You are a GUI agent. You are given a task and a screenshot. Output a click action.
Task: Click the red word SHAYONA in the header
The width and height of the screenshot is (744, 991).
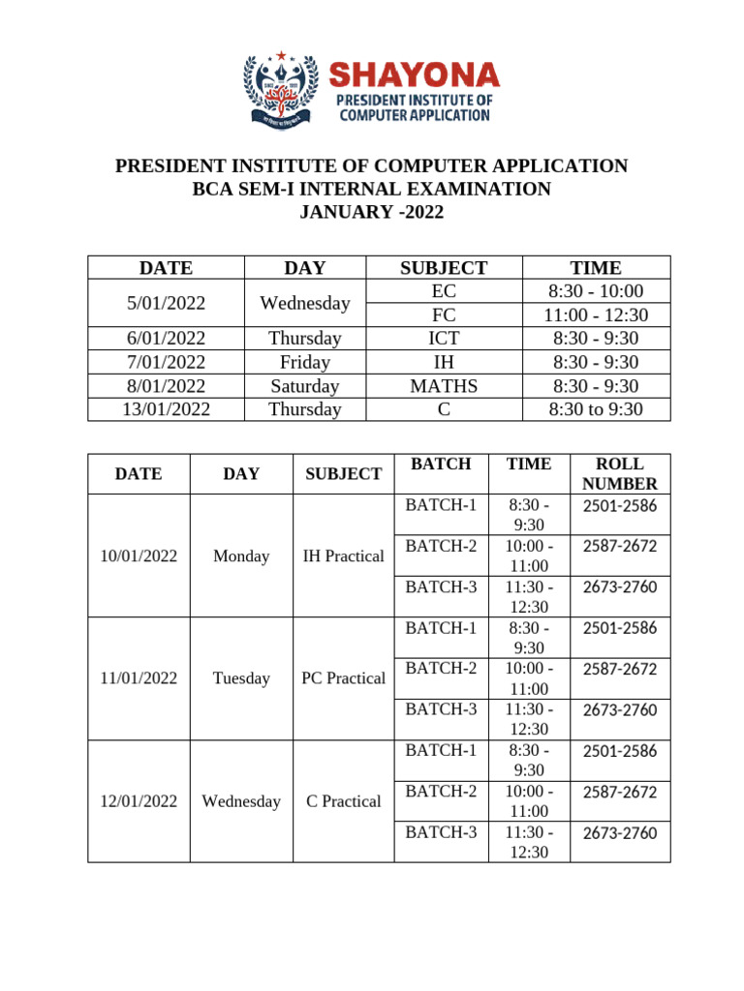coord(415,75)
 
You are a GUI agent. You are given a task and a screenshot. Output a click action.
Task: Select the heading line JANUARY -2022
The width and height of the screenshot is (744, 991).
coord(371,212)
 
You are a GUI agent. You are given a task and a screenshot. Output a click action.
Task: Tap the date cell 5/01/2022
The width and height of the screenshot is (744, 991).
coord(166,303)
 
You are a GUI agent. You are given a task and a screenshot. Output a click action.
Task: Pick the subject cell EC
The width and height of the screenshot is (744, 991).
coord(444,291)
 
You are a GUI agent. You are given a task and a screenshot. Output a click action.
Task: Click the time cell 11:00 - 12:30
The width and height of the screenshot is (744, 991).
coord(596,315)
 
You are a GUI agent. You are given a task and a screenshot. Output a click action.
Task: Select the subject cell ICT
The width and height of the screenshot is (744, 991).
coord(444,338)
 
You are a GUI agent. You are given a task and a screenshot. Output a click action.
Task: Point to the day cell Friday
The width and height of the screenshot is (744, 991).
coord(305,362)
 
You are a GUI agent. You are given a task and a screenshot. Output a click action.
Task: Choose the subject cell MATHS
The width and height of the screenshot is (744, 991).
coord(444,385)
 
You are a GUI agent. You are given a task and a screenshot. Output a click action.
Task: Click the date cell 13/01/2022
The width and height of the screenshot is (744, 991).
coord(166,408)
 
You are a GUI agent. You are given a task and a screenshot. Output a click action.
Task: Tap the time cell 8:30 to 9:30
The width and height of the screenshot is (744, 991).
coord(596,408)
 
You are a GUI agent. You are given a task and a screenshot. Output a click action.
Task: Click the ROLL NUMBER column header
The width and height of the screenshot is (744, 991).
coord(620,473)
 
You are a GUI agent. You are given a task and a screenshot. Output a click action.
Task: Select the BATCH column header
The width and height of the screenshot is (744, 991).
coord(441,464)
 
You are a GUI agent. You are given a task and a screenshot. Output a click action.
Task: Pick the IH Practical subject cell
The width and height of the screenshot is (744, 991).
coord(343,556)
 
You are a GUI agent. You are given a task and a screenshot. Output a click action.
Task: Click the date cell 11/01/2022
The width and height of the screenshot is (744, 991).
coord(139,678)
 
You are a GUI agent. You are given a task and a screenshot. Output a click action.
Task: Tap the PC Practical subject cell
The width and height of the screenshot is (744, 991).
coord(343,678)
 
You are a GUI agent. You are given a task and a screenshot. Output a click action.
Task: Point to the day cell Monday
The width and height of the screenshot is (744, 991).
coord(241,556)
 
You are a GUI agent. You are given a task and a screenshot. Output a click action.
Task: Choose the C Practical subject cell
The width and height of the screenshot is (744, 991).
coord(343,801)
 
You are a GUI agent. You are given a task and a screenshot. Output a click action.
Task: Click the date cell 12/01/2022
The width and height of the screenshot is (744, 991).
coord(139,801)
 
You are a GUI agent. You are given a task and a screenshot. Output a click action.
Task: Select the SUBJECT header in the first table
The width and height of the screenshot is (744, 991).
coord(444,267)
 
